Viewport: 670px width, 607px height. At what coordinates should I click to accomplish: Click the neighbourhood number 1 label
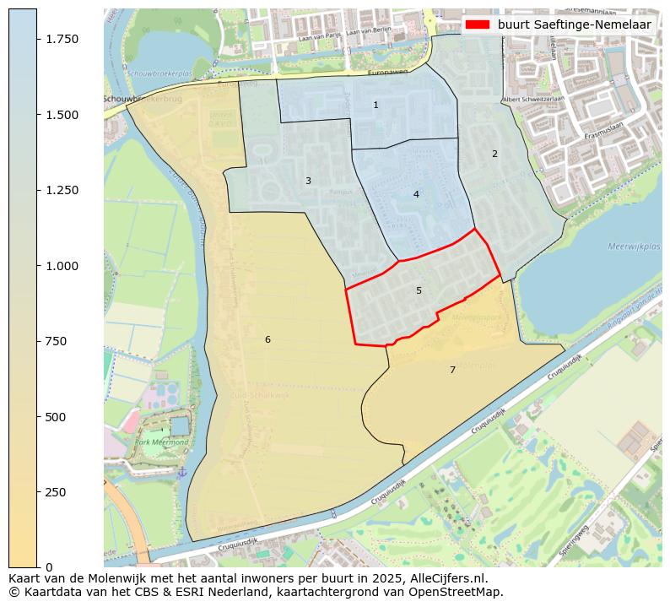(x=376, y=106)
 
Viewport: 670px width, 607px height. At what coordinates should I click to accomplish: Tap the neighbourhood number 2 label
(x=494, y=154)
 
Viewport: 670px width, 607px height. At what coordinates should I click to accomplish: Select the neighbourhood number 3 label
(x=308, y=181)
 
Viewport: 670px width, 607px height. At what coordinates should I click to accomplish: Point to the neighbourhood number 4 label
(x=416, y=194)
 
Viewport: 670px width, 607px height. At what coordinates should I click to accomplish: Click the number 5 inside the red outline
(x=419, y=290)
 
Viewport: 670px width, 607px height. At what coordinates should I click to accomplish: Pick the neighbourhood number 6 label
(x=267, y=339)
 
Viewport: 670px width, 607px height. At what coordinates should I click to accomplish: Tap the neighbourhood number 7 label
(x=452, y=370)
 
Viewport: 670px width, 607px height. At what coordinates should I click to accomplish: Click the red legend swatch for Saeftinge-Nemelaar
(x=477, y=24)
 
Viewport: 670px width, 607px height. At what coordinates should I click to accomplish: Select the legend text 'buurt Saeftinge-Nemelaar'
(x=574, y=24)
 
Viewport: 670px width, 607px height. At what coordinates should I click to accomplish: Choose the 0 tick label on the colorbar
(x=49, y=567)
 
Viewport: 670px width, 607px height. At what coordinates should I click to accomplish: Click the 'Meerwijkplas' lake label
(x=634, y=247)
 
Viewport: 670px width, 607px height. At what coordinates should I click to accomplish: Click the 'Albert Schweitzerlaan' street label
(x=532, y=99)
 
